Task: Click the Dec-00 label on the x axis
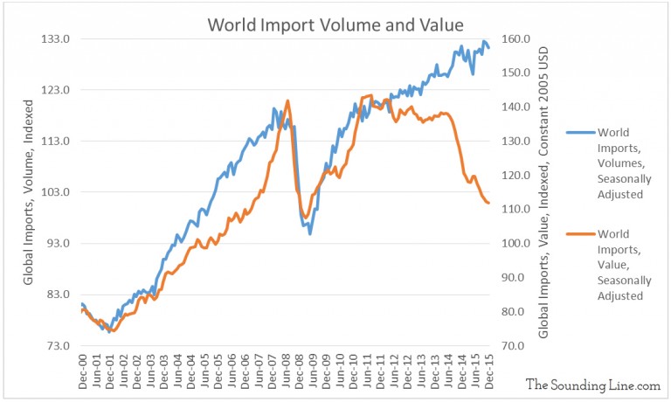(81, 371)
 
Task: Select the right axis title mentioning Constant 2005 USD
(543, 192)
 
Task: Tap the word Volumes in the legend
(620, 163)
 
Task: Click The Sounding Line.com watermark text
(592, 384)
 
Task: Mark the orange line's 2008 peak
(287, 101)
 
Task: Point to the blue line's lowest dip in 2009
(309, 233)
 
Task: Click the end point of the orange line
(488, 203)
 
